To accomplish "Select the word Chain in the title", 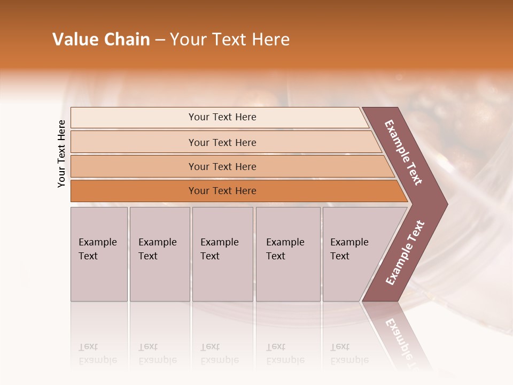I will (x=127, y=40).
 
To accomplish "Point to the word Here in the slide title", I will (x=270, y=40).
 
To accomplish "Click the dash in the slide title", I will (x=160, y=40).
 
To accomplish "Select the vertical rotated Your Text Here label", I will (x=61, y=154).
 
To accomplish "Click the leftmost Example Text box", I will (x=99, y=254).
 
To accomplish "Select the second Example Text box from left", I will (x=159, y=254).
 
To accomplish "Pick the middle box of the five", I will (x=222, y=254).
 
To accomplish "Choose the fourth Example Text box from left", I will (x=287, y=254).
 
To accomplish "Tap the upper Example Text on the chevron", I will (x=404, y=152).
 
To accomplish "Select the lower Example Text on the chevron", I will (x=405, y=252).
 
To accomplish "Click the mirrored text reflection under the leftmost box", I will (x=97, y=353).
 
